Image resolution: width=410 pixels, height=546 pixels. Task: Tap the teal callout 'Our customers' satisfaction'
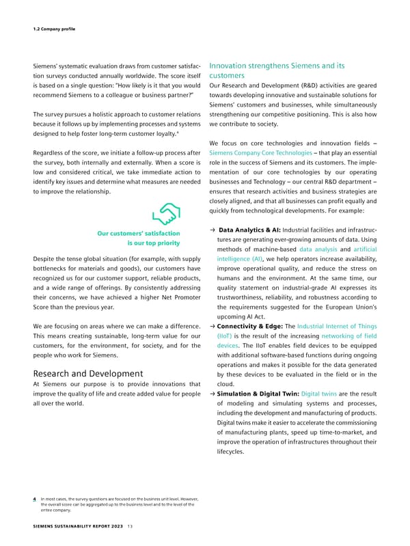pos(139,237)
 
